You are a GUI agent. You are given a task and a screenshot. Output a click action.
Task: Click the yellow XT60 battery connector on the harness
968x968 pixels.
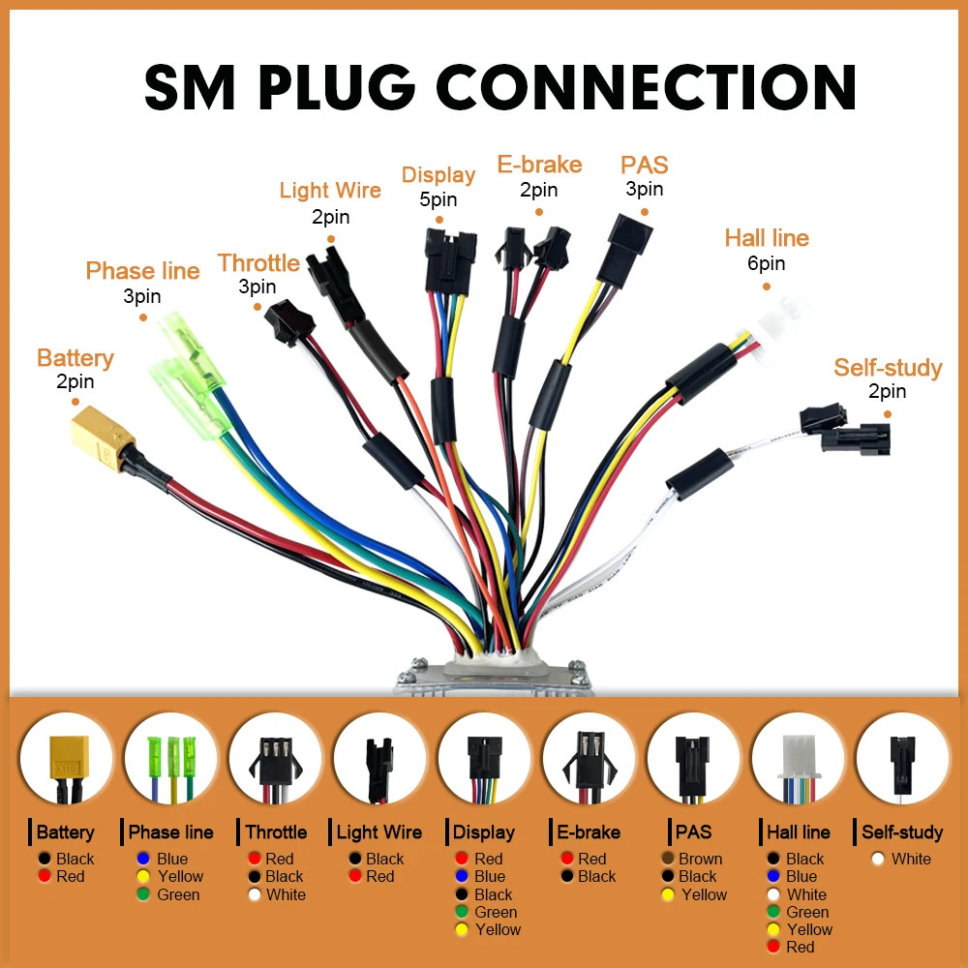103,438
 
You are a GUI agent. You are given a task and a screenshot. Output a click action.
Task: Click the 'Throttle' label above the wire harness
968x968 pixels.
258,263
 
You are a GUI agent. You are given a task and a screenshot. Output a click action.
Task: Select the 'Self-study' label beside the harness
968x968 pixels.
888,367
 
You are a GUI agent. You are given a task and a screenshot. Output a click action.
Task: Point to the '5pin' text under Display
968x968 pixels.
439,199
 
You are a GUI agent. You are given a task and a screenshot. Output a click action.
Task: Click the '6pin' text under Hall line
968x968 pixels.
766,263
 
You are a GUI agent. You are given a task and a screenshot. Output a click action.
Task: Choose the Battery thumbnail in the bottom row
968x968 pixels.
66,759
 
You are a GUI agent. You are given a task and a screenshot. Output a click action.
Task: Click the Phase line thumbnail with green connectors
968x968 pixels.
171,759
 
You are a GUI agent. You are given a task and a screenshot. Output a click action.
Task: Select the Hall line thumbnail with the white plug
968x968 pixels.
799,759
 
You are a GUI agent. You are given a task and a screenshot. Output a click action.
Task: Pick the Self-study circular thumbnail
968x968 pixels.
902,759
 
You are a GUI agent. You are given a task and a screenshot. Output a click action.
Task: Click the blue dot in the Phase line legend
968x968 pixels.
143,859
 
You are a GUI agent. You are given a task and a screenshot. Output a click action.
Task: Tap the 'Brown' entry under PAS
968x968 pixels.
700,859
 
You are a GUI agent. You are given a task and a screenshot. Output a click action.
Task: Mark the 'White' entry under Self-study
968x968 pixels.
911,859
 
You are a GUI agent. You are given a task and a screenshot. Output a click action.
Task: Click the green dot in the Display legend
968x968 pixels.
462,912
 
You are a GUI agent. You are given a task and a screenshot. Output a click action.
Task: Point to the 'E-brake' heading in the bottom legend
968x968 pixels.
589,832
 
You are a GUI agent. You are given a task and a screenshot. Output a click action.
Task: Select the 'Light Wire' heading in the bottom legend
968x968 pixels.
379,832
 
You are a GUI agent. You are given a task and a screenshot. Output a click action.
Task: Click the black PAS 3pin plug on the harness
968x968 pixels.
624,250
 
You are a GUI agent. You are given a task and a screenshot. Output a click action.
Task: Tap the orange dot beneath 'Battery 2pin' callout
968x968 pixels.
76,402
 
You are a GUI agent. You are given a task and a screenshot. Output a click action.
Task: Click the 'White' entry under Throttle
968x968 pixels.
286,894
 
